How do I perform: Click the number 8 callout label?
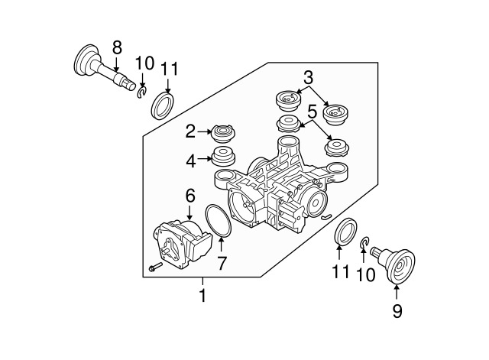[x=117, y=47]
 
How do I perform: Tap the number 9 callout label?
[x=397, y=311]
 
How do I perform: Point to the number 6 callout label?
[x=189, y=196]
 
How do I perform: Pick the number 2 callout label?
[x=191, y=132]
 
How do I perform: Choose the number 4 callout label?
[x=191, y=161]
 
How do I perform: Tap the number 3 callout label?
[x=308, y=76]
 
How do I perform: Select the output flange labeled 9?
[x=397, y=264]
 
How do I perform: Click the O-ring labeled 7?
[x=219, y=221]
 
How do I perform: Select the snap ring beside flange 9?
[x=364, y=245]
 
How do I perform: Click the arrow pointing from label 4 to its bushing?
[x=205, y=160]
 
